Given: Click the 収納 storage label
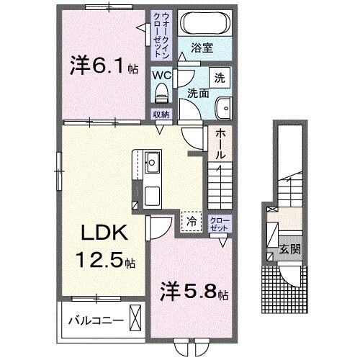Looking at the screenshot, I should (161, 114).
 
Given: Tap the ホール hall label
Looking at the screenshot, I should (220, 144).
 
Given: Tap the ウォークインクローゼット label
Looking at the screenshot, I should (160, 33).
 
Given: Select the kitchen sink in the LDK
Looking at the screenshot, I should (152, 161).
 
